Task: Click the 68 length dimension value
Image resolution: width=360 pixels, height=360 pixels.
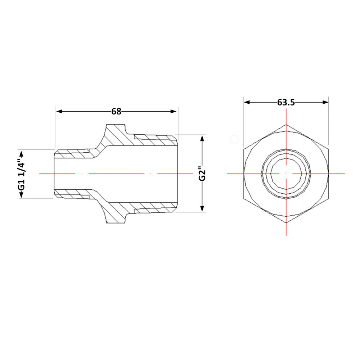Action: point(116,112)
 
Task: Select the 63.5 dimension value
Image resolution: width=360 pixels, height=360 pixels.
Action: point(286,102)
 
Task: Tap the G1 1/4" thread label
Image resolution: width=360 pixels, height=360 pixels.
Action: point(22,174)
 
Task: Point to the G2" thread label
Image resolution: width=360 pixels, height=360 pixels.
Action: point(202,174)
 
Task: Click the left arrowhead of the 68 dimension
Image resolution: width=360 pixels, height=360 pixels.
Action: point(59,112)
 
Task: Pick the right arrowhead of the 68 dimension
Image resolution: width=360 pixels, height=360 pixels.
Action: point(174,112)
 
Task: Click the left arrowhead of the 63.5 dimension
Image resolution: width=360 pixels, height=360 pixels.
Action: point(247,102)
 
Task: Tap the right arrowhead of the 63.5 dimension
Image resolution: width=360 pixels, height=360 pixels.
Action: point(325,102)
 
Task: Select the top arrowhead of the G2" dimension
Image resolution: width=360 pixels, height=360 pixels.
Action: point(202,139)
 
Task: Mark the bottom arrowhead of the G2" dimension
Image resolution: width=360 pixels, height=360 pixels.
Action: point(202,208)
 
